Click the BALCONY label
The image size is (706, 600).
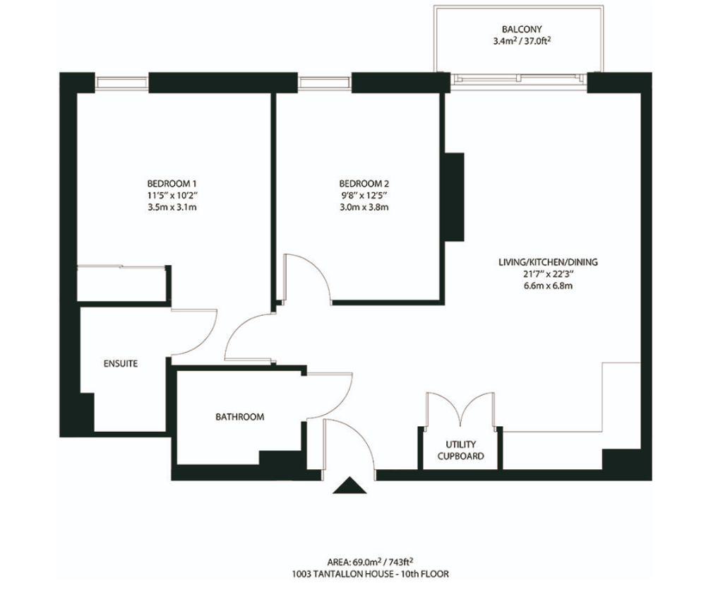[x=522, y=29]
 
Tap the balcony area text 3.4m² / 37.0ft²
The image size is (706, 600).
[x=522, y=42]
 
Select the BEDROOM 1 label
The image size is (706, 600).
[x=172, y=184]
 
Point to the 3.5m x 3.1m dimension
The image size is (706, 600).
[x=172, y=207]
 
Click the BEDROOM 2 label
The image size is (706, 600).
[x=364, y=184]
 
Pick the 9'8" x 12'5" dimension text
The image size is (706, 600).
[x=364, y=195]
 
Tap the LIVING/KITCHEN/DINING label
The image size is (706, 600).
[x=548, y=262]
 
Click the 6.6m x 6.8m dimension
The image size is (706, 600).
[x=548, y=286]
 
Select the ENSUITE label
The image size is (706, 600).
[x=121, y=364]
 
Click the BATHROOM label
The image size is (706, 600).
[x=239, y=417]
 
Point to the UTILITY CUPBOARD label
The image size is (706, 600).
[x=460, y=450]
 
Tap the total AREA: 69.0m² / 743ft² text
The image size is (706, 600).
[x=370, y=562]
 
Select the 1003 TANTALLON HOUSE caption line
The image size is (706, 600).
[x=370, y=575]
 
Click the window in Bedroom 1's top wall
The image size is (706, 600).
[x=121, y=83]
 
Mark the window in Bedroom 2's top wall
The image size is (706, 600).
[x=324, y=83]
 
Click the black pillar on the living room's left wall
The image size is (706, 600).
[x=454, y=197]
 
